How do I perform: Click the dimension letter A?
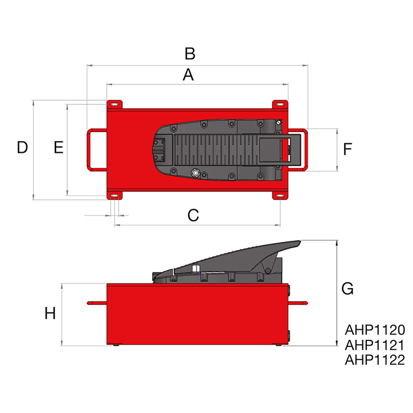pos(188,75)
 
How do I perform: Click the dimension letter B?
pos(189,54)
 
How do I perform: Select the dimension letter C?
pos(193,215)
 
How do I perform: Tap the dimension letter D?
pos(22,147)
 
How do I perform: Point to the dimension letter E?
pos(58,147)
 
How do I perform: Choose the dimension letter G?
pos(348,289)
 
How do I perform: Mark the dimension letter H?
pos(50,313)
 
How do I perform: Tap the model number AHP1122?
pos(374,359)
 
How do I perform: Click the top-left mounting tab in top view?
pos(114,104)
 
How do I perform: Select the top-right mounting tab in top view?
pos(279,104)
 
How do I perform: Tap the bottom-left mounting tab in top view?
pos(114,195)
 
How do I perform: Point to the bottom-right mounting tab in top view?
pos(279,195)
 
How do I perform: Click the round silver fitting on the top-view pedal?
pos(195,173)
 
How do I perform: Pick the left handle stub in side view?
pos(96,303)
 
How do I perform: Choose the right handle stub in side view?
pos(299,303)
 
